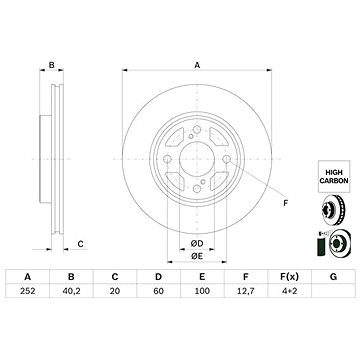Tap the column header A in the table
28,303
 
